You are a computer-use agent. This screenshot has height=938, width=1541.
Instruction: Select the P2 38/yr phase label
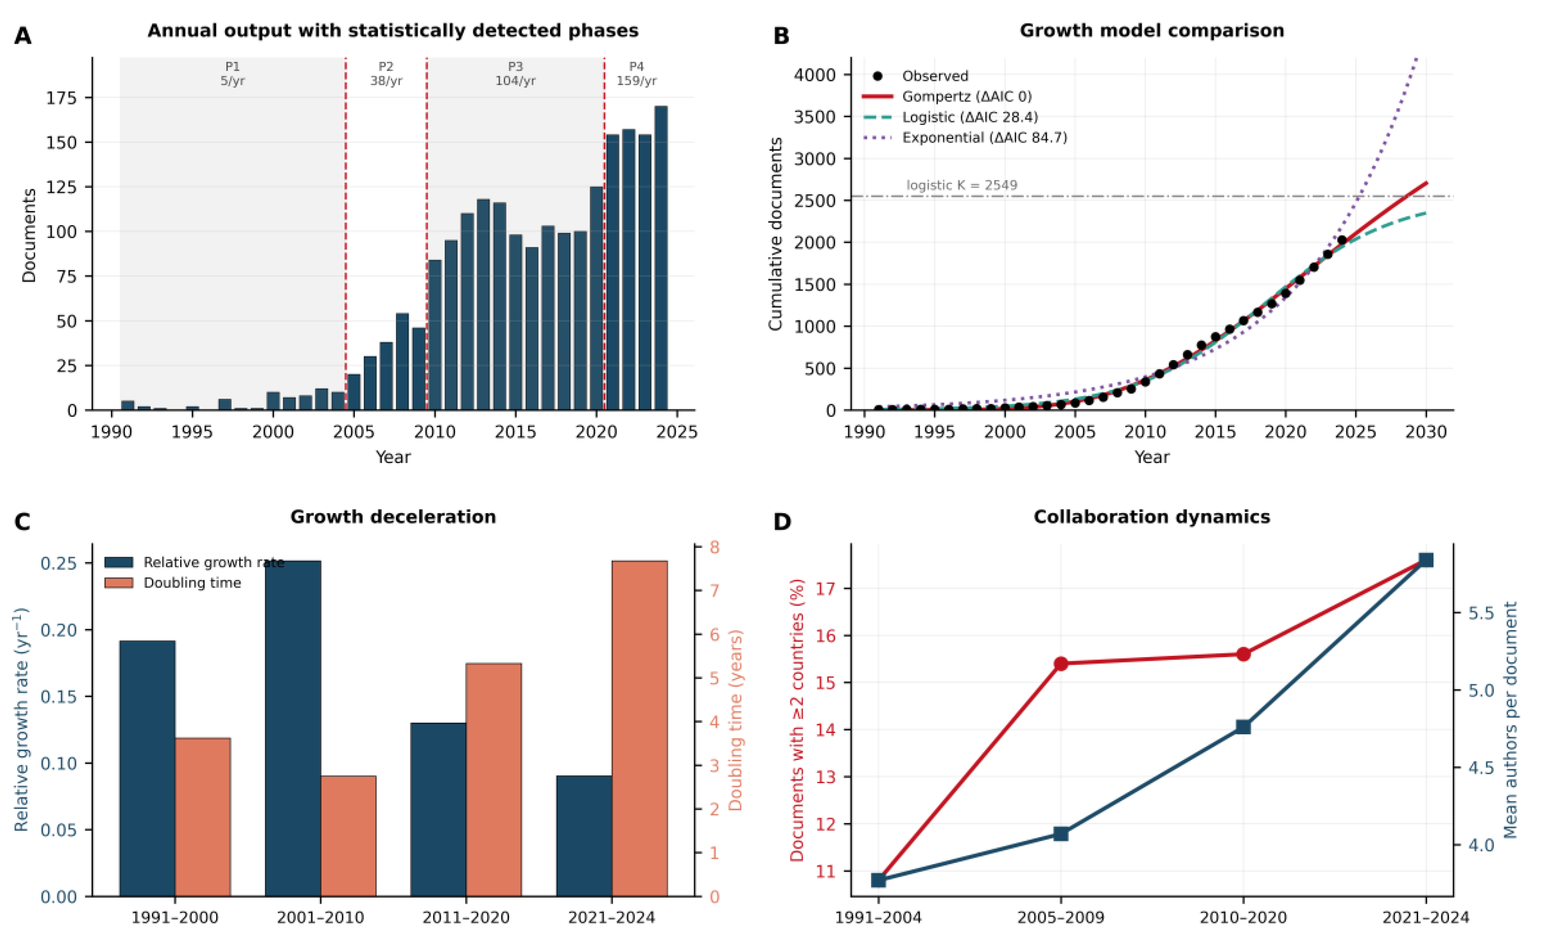(x=386, y=74)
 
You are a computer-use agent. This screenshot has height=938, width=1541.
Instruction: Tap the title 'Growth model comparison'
(x=1152, y=31)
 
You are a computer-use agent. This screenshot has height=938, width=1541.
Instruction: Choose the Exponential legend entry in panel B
(x=965, y=137)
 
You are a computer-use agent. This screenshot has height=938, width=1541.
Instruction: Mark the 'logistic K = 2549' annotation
(x=962, y=185)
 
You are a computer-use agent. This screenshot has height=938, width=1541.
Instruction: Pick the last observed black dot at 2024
(x=1342, y=240)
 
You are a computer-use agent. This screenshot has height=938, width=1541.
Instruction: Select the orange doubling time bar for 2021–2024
(x=639, y=728)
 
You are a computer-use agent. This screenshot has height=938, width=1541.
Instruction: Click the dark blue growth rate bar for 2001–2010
(x=293, y=728)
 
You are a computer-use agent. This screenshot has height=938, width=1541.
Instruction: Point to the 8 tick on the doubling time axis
(x=714, y=547)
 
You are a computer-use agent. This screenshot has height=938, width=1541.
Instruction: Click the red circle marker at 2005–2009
(x=1061, y=663)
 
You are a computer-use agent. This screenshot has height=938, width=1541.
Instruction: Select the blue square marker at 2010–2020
(x=1243, y=727)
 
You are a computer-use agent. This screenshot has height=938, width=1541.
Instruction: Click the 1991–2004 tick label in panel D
(x=878, y=918)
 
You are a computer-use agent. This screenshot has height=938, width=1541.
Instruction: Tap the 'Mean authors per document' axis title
(x=1510, y=720)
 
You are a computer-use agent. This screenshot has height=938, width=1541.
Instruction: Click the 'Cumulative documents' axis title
(x=775, y=234)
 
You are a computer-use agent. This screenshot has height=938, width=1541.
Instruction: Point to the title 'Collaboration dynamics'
(x=1152, y=517)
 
